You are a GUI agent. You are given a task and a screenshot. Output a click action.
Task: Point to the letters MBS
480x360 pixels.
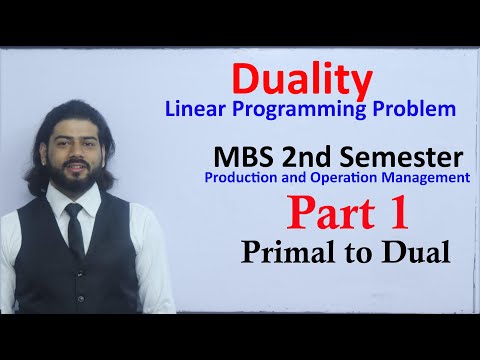244,158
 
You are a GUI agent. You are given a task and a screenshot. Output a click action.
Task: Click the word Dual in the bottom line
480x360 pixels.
414,253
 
